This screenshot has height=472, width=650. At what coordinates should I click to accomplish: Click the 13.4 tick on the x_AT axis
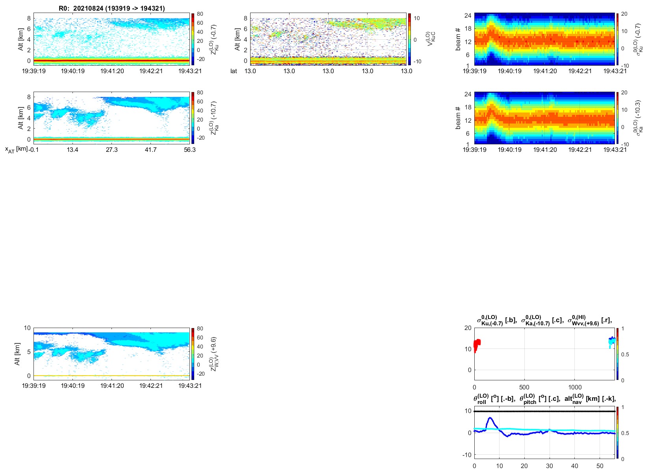[x=72, y=149]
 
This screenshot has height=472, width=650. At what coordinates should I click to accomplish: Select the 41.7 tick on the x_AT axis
[x=150, y=149]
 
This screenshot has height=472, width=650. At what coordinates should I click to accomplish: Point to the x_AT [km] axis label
[x=16, y=149]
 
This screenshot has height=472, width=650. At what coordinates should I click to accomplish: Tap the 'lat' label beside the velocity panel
[x=234, y=71]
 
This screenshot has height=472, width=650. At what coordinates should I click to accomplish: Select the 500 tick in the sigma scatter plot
[x=524, y=387]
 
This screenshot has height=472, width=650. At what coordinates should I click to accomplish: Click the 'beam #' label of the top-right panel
[x=458, y=39]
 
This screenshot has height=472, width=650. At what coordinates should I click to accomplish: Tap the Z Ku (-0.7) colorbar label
[x=214, y=39]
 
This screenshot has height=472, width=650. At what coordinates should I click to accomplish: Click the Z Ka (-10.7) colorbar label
[x=214, y=118]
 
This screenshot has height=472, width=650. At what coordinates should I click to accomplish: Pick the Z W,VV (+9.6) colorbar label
[x=214, y=354]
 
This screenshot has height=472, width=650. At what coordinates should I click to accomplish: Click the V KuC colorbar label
[x=431, y=39]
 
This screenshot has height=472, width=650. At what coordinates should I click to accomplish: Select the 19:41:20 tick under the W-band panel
[x=112, y=386]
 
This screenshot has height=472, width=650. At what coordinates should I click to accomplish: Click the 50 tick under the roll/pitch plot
[x=600, y=466]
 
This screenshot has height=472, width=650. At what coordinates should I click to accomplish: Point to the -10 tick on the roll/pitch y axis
[x=467, y=455]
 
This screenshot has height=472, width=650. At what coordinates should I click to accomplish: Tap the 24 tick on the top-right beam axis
[x=468, y=16]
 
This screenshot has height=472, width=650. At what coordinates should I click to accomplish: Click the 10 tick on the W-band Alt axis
[x=27, y=328]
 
